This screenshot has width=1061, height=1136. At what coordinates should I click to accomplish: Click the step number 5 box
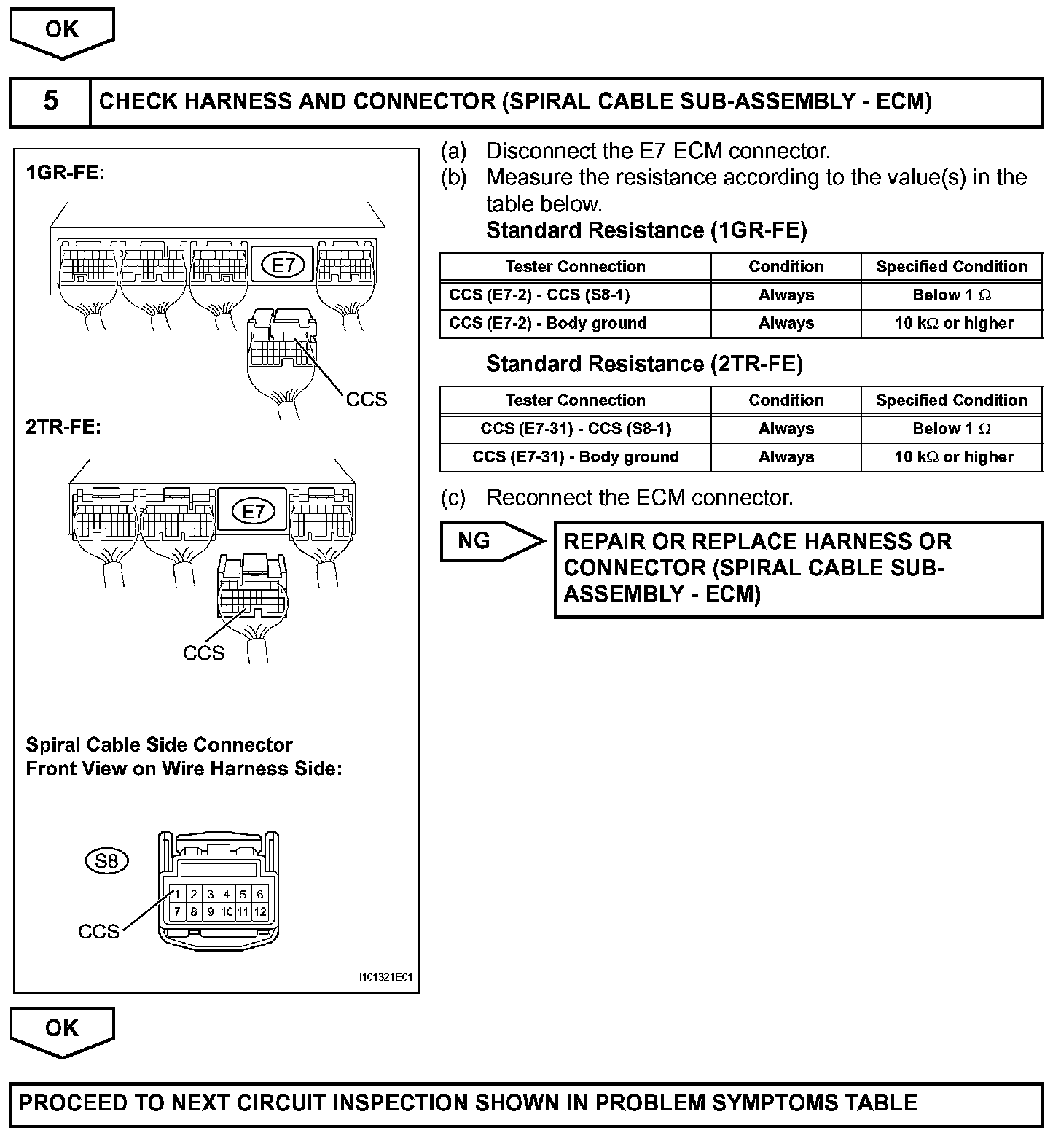click(50, 101)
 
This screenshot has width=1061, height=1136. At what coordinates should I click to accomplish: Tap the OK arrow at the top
click(62, 31)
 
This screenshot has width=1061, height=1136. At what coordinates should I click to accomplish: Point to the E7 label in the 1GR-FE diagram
click(283, 265)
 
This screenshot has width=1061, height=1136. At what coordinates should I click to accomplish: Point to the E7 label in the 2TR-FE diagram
click(253, 511)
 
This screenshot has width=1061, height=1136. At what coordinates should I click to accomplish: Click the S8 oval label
click(107, 861)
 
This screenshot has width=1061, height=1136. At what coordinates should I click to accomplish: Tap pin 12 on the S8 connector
click(259, 911)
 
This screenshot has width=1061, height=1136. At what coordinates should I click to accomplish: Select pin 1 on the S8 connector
click(177, 895)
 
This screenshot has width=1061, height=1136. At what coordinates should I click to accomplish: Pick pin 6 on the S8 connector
click(259, 895)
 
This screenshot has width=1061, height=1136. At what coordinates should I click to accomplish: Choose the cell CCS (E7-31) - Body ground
click(575, 457)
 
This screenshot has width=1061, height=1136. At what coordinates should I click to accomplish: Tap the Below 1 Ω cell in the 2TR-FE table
click(952, 429)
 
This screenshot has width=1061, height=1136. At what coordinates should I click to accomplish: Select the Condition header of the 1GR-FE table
click(786, 267)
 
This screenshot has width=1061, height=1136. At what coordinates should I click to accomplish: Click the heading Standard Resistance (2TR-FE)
click(644, 364)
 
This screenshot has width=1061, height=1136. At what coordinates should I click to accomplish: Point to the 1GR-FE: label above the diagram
click(66, 174)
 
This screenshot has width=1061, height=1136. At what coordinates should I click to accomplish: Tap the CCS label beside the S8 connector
click(98, 931)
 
